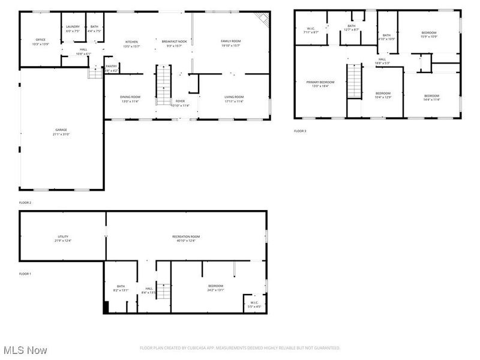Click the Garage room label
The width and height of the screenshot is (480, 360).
(x=61, y=129)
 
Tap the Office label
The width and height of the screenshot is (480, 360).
(x=40, y=40)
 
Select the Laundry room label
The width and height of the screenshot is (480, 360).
(x=73, y=26)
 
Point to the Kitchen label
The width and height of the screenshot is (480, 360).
(x=131, y=41)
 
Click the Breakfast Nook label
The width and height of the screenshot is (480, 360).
(x=175, y=41)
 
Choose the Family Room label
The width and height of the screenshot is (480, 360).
(x=230, y=41)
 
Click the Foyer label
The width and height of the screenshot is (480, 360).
(x=180, y=101)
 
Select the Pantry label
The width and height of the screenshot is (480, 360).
(x=112, y=66)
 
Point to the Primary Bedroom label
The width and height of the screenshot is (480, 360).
(x=320, y=82)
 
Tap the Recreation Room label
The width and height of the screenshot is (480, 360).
(x=186, y=236)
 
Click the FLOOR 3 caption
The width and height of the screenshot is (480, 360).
(x=300, y=131)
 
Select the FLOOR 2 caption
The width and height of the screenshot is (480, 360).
(x=25, y=203)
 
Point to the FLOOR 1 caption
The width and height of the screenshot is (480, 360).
(x=25, y=274)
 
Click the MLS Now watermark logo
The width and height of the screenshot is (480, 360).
(x=25, y=350)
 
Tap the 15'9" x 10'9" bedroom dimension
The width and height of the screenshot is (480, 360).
(x=428, y=37)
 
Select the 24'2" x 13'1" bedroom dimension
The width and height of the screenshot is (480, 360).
(x=215, y=290)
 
